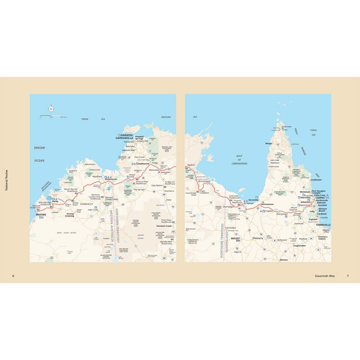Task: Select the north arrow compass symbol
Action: pyautogui.click(x=51, y=109)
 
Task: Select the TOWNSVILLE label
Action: pyautogui.click(x=323, y=224)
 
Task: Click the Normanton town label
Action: pyautogui.click(x=268, y=204)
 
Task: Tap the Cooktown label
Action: pyautogui.click(x=316, y=180)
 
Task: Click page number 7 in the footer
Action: pyautogui.click(x=347, y=276)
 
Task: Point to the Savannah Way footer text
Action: pyautogui.click(x=325, y=276)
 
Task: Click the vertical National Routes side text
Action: pyautogui.click(x=7, y=180)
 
